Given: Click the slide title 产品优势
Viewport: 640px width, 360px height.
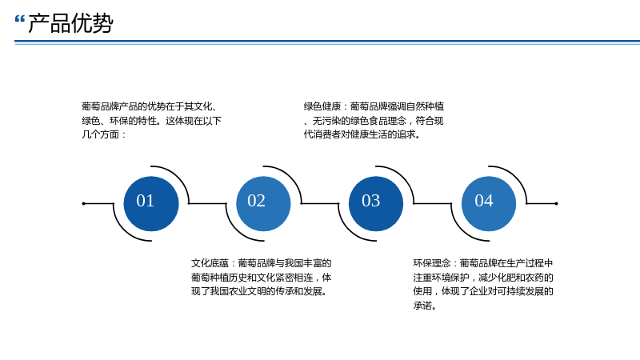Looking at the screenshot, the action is pos(70,23).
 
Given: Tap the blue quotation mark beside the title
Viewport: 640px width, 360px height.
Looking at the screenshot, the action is pos(19,18).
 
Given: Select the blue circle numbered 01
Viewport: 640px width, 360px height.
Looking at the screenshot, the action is pos(151,204).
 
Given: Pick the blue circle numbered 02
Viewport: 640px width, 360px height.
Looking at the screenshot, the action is pos(263,204).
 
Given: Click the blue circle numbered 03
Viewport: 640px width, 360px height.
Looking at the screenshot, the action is pos(376,204).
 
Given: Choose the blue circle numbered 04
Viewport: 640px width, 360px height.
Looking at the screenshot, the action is pos(489,204).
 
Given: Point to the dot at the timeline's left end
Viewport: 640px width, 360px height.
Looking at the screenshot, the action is pos(84,203).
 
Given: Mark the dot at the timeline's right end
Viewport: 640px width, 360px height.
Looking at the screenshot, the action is pos(556,203).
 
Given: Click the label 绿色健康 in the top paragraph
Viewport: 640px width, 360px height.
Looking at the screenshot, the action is pos(322,106).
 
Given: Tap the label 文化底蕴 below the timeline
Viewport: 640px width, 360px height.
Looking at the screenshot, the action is pos(210,263).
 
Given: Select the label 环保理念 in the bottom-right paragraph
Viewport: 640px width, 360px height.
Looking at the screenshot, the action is pos(432,263).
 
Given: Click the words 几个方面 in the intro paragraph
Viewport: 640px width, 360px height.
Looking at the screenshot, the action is pos(101,134).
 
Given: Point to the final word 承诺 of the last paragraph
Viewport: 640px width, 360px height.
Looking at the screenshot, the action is pos(422,306).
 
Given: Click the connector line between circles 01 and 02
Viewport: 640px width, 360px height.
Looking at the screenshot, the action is pos(207,203).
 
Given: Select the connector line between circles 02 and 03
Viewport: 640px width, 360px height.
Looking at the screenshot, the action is pos(320,203).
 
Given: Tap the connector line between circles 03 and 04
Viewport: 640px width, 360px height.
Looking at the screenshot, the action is pos(433,203).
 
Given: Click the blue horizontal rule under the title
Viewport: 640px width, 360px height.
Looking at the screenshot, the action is pos(327,42).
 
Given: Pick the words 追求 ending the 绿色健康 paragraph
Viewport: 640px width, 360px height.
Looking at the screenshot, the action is pos(406,134).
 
